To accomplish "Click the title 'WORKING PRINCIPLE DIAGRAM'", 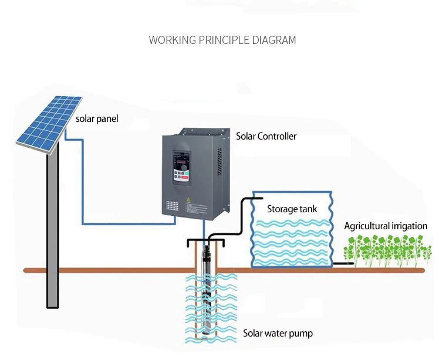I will tap(222, 40).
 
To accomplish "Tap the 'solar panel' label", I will tap(97, 119).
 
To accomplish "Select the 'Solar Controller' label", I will tap(266, 136).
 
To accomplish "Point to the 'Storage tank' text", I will tap(292, 209).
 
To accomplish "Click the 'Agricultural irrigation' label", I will tap(386, 226).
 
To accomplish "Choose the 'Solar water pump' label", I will tap(278, 334).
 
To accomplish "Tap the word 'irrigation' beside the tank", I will tap(408, 226).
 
